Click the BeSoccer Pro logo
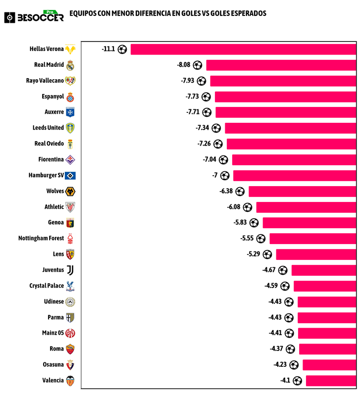point(34,16)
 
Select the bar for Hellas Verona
point(243,49)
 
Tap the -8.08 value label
point(184,65)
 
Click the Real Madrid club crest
point(70,65)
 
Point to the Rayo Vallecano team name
point(45,81)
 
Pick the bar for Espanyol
point(285,97)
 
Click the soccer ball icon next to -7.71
point(206,112)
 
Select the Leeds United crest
point(70,128)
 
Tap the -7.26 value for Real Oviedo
point(204,144)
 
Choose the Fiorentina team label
point(51,159)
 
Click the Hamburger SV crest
point(70,175)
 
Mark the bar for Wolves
point(302,191)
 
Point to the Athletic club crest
point(70,207)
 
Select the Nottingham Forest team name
point(41,238)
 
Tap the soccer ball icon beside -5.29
point(267,254)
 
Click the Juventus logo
point(70,270)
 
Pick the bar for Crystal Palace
point(324,286)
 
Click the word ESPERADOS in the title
point(245,13)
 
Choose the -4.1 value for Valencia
point(285,381)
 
